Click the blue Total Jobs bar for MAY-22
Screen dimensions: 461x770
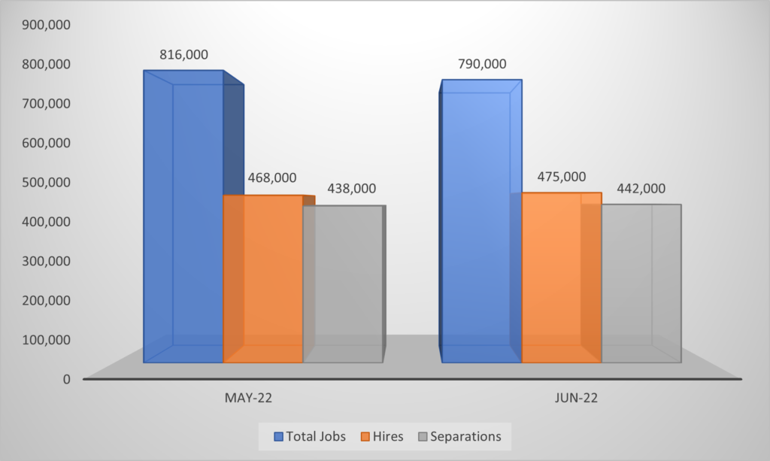click(183, 218)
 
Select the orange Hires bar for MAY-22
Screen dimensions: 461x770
click(263, 278)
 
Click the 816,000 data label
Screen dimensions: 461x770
click(183, 55)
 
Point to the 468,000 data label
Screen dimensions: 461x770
click(271, 178)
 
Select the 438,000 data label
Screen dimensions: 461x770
click(351, 189)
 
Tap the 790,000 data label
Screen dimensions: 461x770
click(482, 65)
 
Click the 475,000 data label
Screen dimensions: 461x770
click(561, 176)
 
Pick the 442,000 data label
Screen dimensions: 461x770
click(641, 189)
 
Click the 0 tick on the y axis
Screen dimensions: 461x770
click(66, 379)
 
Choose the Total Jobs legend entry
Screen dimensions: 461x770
click(311, 435)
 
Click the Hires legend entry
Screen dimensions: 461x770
click(383, 435)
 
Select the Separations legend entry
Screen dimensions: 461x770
click(459, 435)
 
